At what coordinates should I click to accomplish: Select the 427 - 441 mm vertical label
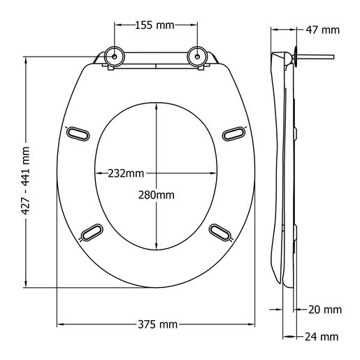[x=26, y=173]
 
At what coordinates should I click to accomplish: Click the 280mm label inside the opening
[x=157, y=194]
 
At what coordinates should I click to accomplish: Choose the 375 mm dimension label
[x=157, y=324]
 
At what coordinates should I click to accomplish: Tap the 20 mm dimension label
[x=324, y=309]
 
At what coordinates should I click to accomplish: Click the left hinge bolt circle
[x=113, y=56]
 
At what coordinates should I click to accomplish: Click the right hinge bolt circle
[x=199, y=56]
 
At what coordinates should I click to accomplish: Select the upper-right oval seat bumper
[x=233, y=131]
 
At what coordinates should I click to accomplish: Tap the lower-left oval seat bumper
[x=92, y=231]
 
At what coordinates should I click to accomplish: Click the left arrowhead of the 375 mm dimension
[x=60, y=324]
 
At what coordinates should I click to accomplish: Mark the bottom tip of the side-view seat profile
[x=289, y=284]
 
